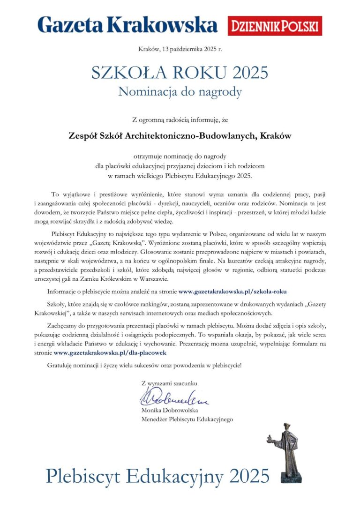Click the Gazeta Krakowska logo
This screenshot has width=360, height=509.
pyautogui.click(x=127, y=24)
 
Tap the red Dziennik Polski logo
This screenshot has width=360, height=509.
pyautogui.click(x=275, y=25)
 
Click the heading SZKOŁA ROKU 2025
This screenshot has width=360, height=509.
pyautogui.click(x=180, y=73)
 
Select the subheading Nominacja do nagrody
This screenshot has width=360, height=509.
pyautogui.click(x=180, y=91)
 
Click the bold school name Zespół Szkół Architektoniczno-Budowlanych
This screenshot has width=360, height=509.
pyautogui.click(x=180, y=136)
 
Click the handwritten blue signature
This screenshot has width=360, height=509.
pyautogui.click(x=173, y=397)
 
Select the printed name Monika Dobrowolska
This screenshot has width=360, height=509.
pyautogui.click(x=169, y=410)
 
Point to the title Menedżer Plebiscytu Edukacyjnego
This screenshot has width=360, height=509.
pyautogui.click(x=187, y=419)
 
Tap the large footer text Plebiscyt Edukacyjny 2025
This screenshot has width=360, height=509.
pyautogui.click(x=157, y=476)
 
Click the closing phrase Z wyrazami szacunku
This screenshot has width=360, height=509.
pyautogui.click(x=169, y=383)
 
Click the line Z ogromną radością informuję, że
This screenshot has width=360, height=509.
pyautogui.click(x=180, y=120)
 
